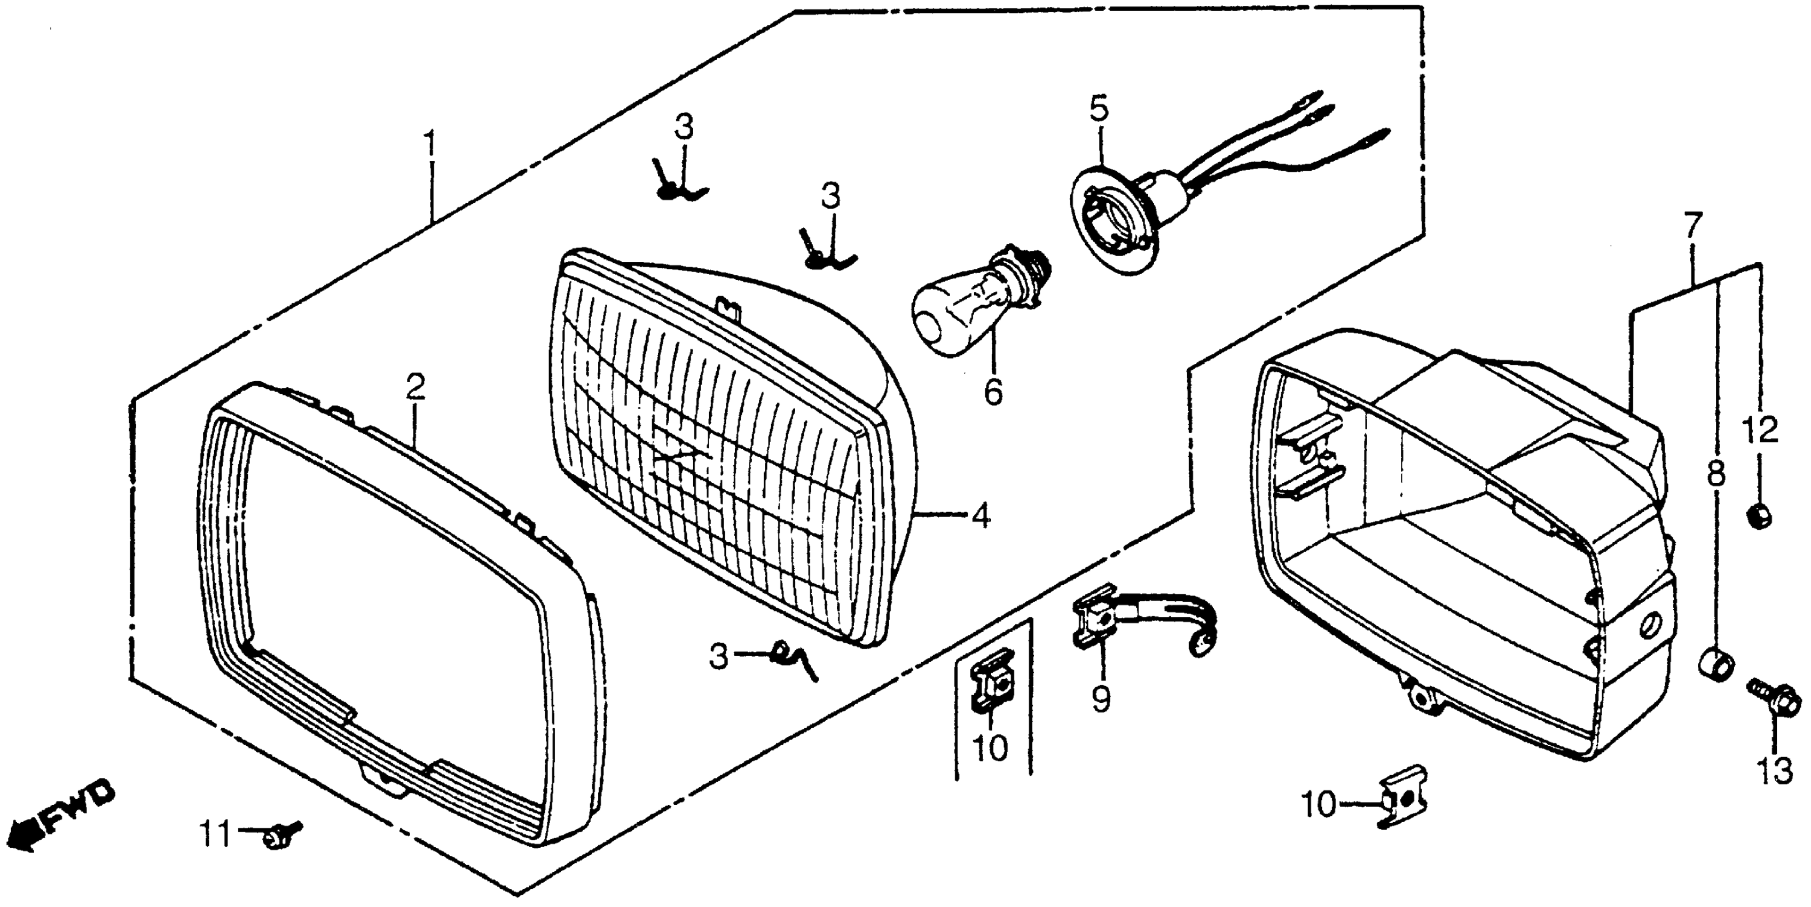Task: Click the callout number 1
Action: [430, 144]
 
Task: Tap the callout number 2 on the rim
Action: [415, 388]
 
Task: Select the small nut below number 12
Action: [1760, 517]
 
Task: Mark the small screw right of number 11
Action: [279, 834]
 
